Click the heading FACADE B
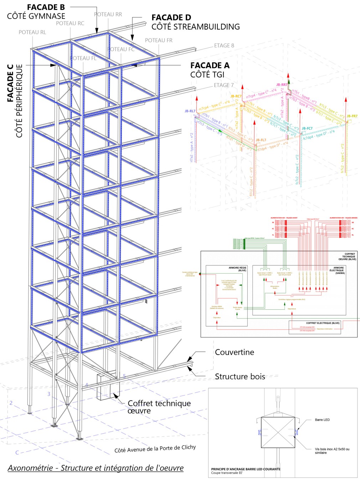46,7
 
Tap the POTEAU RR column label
108,15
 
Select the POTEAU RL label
32,32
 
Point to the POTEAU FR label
159,41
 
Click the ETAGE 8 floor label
224,46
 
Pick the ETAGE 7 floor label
223,85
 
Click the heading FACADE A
210,66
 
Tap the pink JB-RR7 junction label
282,85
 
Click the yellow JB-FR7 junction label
352,116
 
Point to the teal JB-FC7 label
307,128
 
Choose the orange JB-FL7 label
261,140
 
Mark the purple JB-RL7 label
190,111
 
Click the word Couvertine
234,352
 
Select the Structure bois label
240,377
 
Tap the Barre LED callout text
322,420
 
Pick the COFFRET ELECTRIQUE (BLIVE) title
323,323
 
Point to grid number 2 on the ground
11,403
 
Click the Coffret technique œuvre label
159,407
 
